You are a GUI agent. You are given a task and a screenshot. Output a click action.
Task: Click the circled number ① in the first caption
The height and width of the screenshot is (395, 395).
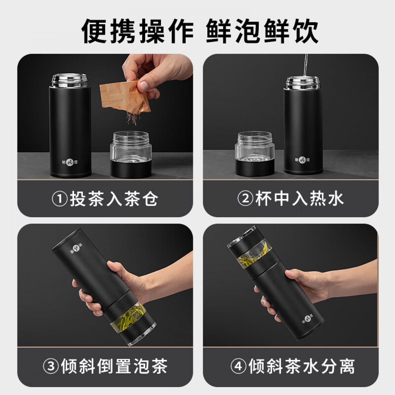point(60,198)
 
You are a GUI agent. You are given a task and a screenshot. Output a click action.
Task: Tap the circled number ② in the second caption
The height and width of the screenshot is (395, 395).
point(245,198)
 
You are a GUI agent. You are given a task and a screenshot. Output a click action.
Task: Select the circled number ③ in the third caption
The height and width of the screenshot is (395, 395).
point(51,366)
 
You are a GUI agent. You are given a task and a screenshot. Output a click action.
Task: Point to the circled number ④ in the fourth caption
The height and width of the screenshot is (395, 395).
point(238,366)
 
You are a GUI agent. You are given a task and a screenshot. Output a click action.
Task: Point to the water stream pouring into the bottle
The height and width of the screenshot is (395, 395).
point(305,65)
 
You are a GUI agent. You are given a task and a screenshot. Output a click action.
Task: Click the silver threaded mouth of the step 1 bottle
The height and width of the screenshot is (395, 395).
point(70,80)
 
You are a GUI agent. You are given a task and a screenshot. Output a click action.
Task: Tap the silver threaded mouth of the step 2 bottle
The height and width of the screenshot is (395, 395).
point(303,83)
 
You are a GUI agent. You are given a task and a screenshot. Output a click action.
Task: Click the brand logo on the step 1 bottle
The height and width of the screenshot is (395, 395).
point(70,162)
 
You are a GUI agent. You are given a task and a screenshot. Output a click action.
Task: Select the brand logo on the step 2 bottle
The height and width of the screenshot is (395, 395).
point(303,160)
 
